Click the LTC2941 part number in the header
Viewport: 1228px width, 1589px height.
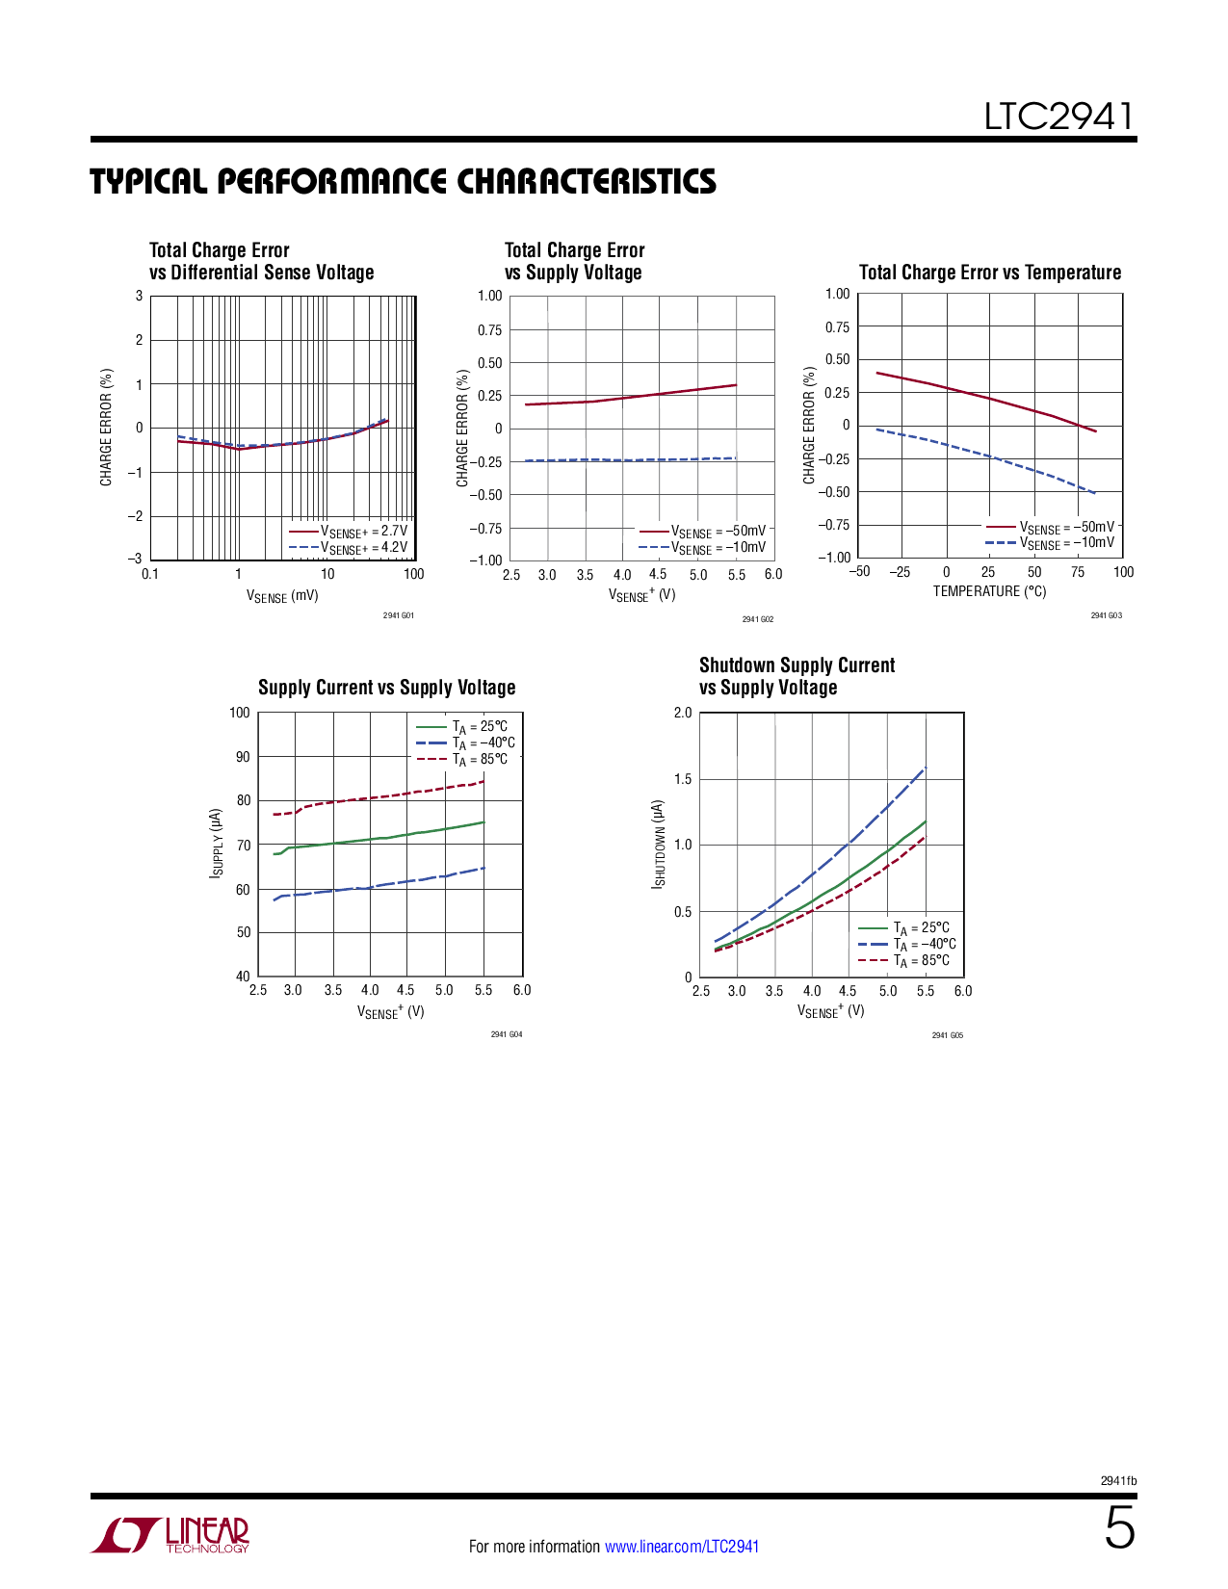pyautogui.click(x=1058, y=117)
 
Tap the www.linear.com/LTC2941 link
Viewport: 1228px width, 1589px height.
pyautogui.click(x=682, y=1547)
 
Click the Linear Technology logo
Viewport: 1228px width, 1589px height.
pyautogui.click(x=170, y=1535)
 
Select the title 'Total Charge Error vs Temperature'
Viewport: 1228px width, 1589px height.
pyautogui.click(x=989, y=273)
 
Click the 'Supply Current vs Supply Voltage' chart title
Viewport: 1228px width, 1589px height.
pyautogui.click(x=386, y=688)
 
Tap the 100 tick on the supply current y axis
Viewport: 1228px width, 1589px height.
pyautogui.click(x=239, y=713)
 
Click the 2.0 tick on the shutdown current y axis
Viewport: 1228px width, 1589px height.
pyautogui.click(x=682, y=713)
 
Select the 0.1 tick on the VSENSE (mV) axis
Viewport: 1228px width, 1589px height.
pyautogui.click(x=150, y=574)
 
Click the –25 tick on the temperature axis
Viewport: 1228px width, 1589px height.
pyautogui.click(x=900, y=572)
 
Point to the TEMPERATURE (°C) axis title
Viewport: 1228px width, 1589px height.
pyautogui.click(x=989, y=591)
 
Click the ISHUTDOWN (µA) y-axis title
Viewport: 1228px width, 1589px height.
pyautogui.click(x=659, y=844)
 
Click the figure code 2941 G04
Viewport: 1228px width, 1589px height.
pyautogui.click(x=506, y=1034)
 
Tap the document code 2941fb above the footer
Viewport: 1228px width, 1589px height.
pyautogui.click(x=1118, y=1481)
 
